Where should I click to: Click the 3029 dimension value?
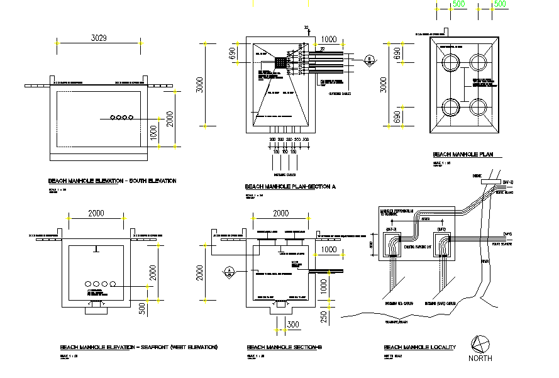99,38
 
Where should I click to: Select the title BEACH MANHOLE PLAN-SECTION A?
291,187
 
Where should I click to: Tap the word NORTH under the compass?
480,359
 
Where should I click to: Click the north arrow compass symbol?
480,344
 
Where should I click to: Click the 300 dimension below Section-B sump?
292,325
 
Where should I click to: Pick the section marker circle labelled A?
229,271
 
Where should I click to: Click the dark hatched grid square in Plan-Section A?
280,64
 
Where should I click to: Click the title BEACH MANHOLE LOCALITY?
420,347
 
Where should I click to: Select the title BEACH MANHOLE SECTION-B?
284,347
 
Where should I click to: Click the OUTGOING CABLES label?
340,94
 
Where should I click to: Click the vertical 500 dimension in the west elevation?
142,308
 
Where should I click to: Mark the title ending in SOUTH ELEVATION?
112,181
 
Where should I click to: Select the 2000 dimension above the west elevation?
96,213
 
